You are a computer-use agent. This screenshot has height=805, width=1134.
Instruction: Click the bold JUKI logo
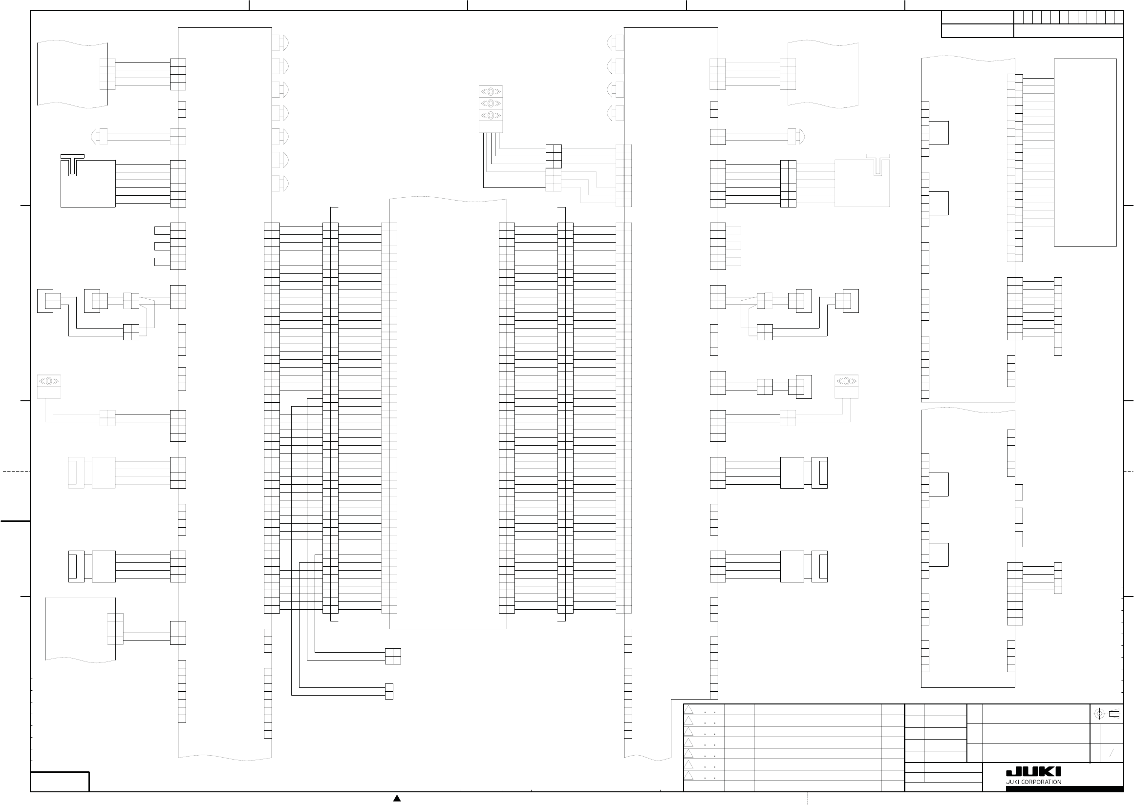(x=1033, y=771)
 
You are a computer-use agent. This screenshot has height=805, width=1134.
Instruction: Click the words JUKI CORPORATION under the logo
(x=1033, y=782)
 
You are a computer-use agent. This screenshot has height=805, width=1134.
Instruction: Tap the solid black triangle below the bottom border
(x=397, y=798)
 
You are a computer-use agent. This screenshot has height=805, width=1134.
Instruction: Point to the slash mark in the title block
(x=1112, y=753)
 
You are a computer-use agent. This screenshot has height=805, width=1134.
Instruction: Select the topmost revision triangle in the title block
(x=688, y=710)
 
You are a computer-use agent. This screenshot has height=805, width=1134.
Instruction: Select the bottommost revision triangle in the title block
(x=688, y=776)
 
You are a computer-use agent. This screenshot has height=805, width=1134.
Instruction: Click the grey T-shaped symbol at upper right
(x=878, y=164)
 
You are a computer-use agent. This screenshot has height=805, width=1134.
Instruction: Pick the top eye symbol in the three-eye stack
(x=491, y=91)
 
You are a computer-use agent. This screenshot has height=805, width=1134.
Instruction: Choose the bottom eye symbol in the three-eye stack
(x=491, y=115)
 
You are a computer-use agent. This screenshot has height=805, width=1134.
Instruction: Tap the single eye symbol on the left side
(x=49, y=381)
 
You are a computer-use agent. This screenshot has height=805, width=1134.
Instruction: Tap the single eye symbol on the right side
(x=846, y=381)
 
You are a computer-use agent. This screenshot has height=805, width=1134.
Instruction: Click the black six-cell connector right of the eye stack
(x=553, y=156)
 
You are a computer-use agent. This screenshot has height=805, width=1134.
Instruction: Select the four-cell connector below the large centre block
(x=393, y=656)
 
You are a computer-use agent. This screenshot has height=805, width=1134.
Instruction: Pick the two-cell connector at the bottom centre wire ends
(x=389, y=691)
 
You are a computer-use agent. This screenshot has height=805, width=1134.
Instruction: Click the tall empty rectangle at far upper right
(x=1085, y=152)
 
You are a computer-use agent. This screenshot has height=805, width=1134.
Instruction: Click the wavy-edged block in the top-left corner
(x=72, y=74)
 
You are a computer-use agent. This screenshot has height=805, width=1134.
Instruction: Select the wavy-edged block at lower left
(x=80, y=630)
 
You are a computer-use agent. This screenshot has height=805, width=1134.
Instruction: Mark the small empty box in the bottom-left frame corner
(x=60, y=782)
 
